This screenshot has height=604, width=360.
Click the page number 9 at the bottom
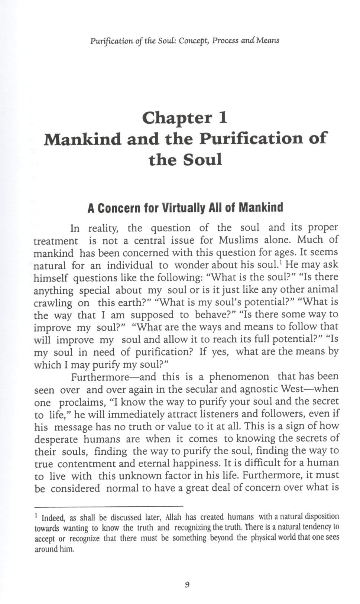pyautogui.click(x=187, y=585)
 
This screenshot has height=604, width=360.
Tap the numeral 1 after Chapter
pyautogui.click(x=223, y=118)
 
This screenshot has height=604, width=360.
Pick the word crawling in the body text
pyautogui.click(x=52, y=303)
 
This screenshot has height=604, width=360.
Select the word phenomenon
pyautogui.click(x=239, y=377)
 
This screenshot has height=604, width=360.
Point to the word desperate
pyautogui.click(x=56, y=439)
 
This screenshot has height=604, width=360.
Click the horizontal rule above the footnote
pyautogui.click(x=108, y=506)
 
